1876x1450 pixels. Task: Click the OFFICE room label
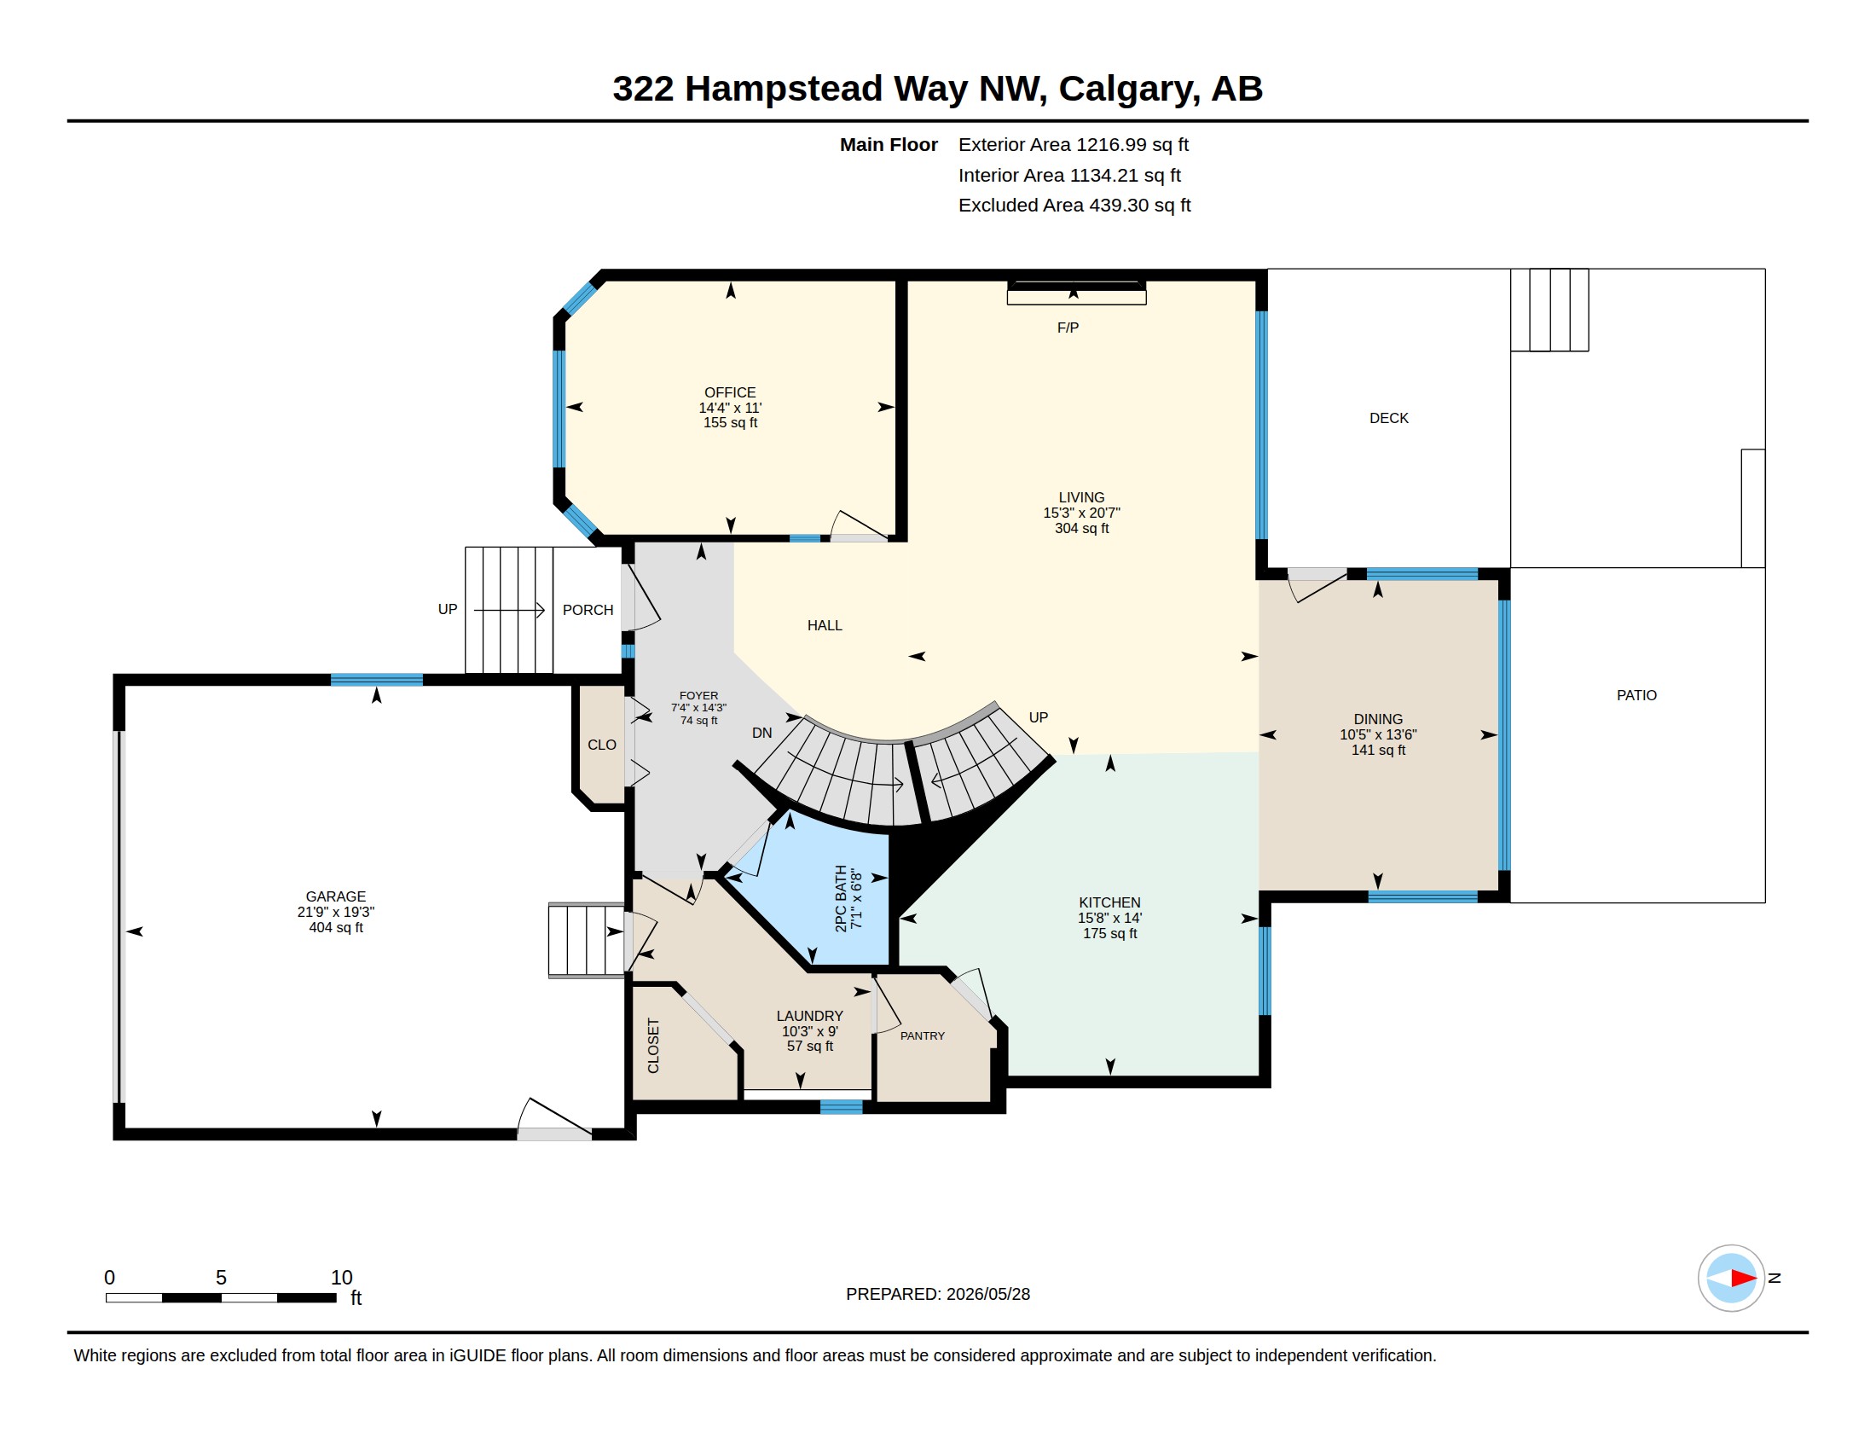pos(730,391)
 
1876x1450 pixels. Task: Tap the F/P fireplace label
pos(1068,328)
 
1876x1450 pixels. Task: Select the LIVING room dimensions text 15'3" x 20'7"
pos(1081,513)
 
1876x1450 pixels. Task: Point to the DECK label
pos(1389,418)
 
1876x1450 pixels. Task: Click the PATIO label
pos(1636,695)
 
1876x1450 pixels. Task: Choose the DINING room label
pos(1378,719)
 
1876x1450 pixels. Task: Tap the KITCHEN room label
pos(1109,902)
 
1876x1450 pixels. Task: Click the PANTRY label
pos(923,1036)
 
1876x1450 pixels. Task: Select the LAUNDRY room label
pos(809,1015)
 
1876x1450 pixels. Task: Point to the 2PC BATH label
pos(841,897)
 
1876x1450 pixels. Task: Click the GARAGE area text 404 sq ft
pos(336,928)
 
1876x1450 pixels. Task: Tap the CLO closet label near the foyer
pos(601,745)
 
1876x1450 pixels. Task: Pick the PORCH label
pos(588,610)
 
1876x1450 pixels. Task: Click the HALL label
pos(825,625)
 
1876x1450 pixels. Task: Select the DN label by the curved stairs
pos(761,733)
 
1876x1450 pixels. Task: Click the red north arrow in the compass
pos(1743,1279)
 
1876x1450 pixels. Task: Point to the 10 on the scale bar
pos(342,1278)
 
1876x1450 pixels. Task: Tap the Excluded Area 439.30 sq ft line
pos(1074,206)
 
